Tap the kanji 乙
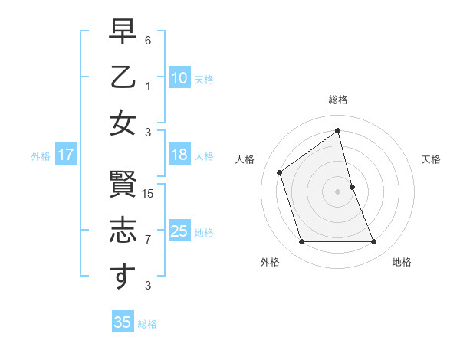point(123,80)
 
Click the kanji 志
point(123,231)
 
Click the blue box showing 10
point(179,78)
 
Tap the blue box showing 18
point(179,155)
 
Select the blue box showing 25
point(179,231)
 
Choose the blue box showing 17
point(65,155)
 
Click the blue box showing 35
point(123,322)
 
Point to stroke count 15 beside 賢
point(149,194)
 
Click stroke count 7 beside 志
point(149,240)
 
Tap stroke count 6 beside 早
point(149,40)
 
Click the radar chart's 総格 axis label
point(338,100)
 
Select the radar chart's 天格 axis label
point(432,159)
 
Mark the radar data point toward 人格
point(280,172)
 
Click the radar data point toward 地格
point(374,242)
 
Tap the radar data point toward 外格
point(301,242)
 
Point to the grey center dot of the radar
point(338,191)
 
